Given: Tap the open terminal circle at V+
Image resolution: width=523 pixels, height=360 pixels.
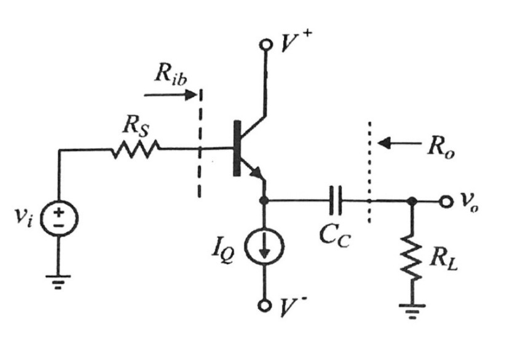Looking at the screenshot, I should pos(266,45).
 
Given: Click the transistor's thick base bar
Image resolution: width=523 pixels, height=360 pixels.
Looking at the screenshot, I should pos(237,149).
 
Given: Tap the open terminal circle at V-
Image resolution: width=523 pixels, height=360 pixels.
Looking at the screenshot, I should pos(265,305).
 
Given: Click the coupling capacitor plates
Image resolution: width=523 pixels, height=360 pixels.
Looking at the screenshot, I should pos(336,200).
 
